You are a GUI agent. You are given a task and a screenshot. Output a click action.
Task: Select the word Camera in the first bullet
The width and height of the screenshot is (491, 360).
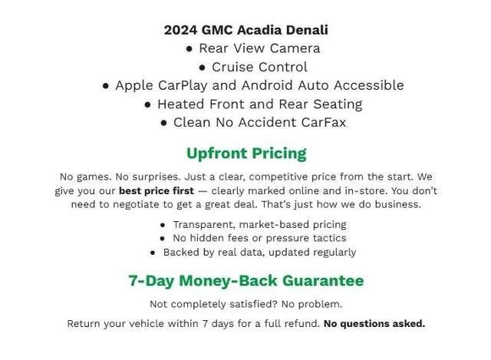[292, 48]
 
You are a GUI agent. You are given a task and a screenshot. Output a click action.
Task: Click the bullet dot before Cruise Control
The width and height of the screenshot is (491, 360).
[203, 68]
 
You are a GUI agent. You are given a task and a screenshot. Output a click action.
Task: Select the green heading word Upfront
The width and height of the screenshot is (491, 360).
[216, 153]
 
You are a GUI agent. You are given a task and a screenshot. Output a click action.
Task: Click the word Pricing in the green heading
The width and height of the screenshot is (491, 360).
[278, 153]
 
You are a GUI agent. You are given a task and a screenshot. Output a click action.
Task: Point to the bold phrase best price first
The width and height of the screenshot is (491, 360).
[156, 190]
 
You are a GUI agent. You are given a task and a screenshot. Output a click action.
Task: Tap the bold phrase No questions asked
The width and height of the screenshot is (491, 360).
[374, 323]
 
